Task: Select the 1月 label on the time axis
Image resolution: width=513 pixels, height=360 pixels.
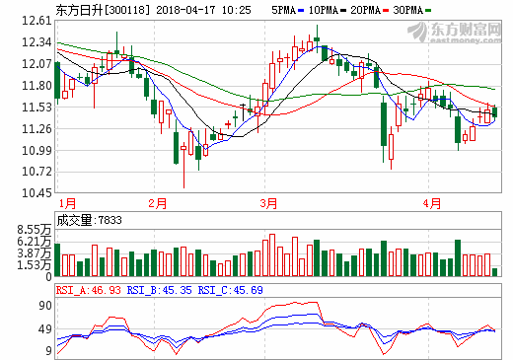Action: (66, 203)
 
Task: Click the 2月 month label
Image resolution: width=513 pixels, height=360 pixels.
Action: (157, 203)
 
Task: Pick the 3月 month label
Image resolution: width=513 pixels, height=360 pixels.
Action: (268, 203)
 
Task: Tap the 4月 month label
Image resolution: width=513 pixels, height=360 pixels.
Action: (431, 203)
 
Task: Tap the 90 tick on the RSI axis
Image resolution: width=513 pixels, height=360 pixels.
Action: (43, 306)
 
